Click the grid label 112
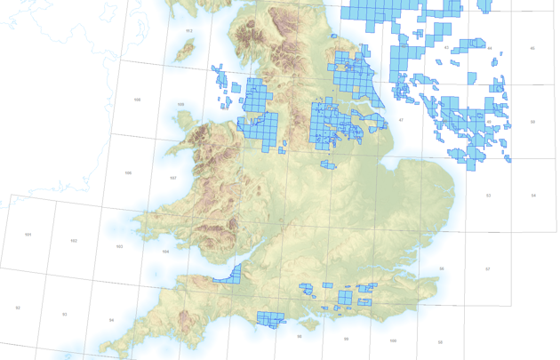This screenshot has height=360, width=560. (188, 31)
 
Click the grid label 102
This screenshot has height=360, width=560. (74, 241)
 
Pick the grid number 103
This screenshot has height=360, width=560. (119, 246)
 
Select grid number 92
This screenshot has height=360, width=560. (18, 308)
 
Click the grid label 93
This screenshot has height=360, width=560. (65, 314)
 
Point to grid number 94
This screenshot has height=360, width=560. (111, 320)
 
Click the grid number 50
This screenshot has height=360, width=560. (532, 121)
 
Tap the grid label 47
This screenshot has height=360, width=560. (401, 120)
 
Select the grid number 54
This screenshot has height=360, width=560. (533, 195)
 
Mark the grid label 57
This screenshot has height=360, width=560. (488, 268)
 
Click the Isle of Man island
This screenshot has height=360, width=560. (186, 51)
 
